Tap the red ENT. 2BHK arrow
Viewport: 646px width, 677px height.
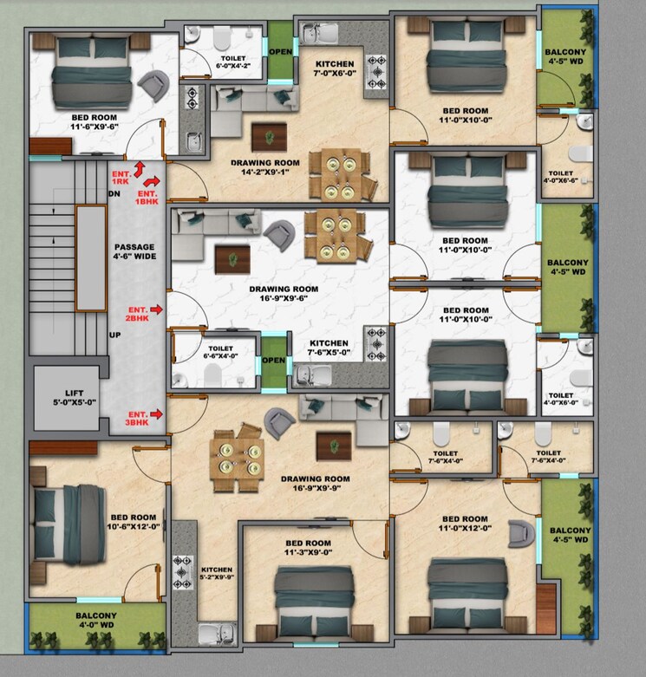tap(156, 309)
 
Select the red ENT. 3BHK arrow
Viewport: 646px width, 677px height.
tap(156, 413)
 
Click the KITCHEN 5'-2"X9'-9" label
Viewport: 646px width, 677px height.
tap(217, 564)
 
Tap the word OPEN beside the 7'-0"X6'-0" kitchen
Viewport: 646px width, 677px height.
tap(280, 51)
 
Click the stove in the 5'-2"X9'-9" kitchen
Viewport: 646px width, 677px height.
tap(184, 570)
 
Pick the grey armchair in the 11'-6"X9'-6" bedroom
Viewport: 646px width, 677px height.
tap(156, 85)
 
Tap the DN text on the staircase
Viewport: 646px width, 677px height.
tap(114, 193)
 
